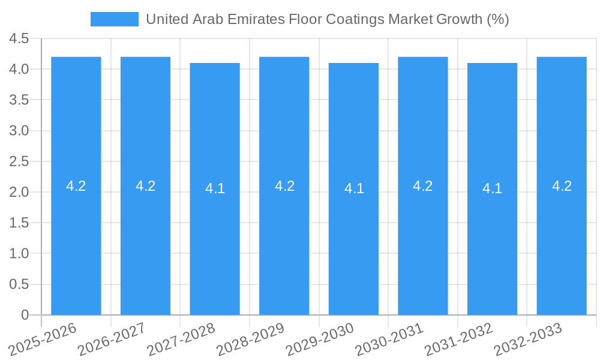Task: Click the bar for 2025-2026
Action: click(76, 240)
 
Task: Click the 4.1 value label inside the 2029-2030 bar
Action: click(354, 188)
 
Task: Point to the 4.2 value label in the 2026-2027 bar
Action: click(146, 186)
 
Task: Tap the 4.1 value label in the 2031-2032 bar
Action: click(492, 188)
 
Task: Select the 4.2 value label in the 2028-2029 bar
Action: click(284, 186)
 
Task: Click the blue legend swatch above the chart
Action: click(115, 19)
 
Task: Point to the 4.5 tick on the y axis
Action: click(19, 39)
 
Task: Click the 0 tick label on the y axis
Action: click(25, 315)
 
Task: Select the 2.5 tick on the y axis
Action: click(19, 161)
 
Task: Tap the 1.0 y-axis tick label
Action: click(19, 254)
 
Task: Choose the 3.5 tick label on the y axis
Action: click(19, 100)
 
